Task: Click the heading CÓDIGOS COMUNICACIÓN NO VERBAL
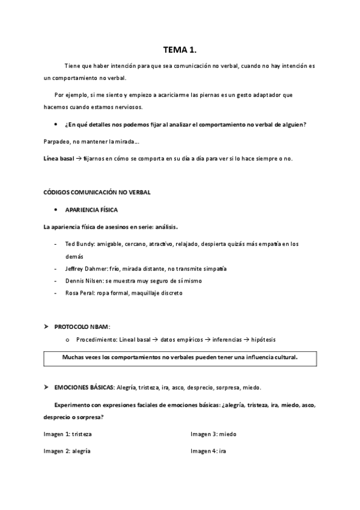(97, 192)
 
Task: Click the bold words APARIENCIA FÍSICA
(91, 210)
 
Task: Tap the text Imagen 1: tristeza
(67, 434)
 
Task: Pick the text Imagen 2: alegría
(67, 451)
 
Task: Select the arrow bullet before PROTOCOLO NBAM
(46, 327)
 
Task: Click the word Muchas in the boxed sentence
(75, 357)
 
